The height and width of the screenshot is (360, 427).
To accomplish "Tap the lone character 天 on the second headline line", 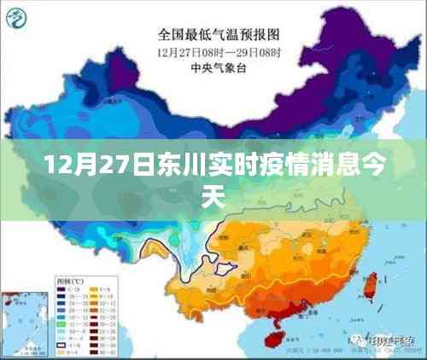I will tap(213, 198).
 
